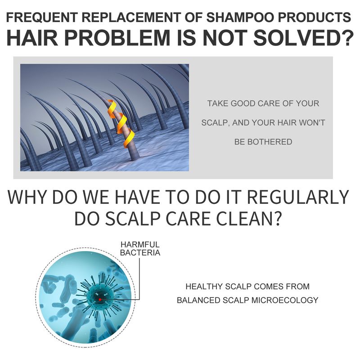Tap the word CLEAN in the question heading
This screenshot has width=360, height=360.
pos(245,219)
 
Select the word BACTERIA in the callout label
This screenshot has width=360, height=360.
pos(139,253)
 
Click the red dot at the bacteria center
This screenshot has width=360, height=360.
pos(99,299)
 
